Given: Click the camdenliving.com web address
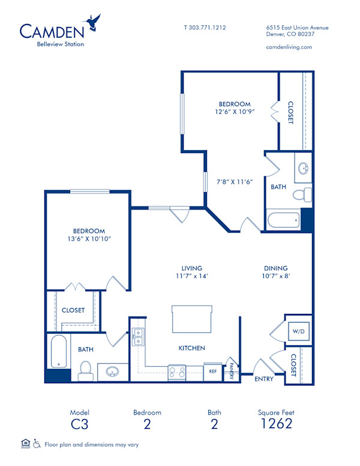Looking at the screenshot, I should pos(289,47).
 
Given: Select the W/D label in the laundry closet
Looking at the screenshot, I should pos(298,330).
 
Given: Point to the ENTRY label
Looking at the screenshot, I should pos(264,379).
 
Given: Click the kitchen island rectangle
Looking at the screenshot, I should pos(192,318).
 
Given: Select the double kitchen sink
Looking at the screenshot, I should pos(138,337).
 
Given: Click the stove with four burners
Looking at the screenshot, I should pos(178,372).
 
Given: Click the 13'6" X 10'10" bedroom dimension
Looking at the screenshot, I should pos(89,240).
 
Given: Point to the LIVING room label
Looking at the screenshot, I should pos(192,268).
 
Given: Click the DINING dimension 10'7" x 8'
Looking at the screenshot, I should pos(275,277).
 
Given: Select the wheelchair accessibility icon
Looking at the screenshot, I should pos(37,444).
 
